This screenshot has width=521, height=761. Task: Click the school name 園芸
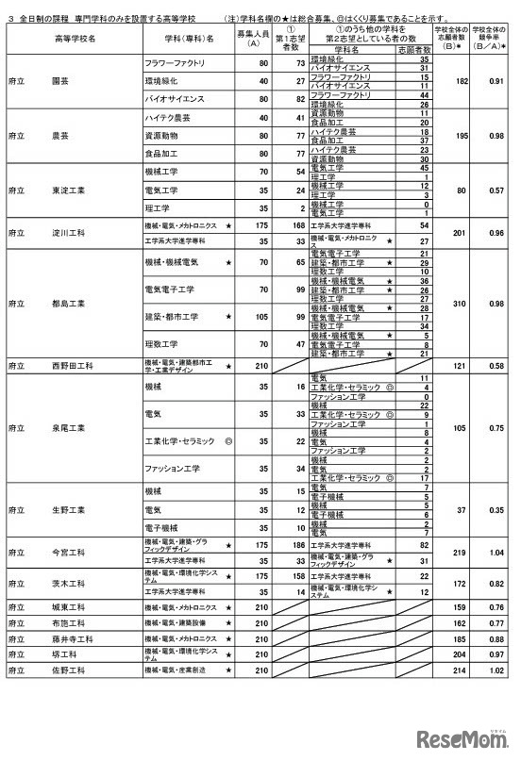pyautogui.click(x=62, y=82)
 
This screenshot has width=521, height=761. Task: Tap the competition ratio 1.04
pyautogui.click(x=494, y=552)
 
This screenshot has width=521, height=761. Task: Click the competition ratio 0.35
pyautogui.click(x=494, y=509)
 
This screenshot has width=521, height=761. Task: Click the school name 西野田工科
pyautogui.click(x=72, y=364)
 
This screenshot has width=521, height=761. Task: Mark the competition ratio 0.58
pyautogui.click(x=494, y=364)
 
